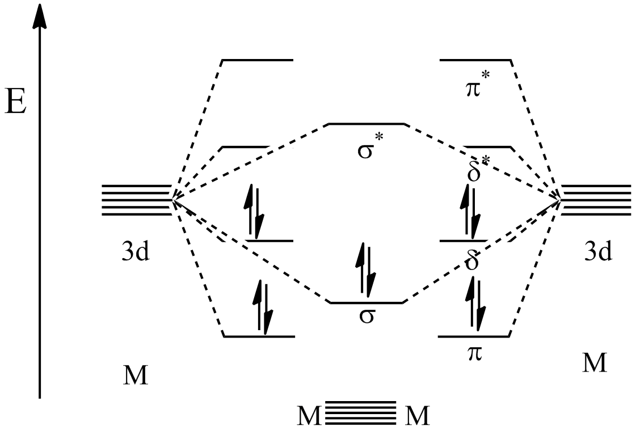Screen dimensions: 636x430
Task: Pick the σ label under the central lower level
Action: (367, 316)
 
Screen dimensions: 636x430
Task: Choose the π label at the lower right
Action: (474, 353)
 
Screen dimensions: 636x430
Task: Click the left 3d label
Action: (136, 253)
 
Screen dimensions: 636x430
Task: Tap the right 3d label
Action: (599, 253)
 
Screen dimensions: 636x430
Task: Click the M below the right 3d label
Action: (595, 363)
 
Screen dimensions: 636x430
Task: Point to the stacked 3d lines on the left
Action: (137, 200)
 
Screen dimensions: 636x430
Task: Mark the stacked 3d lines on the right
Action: (596, 200)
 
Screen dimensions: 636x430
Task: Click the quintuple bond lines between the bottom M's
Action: (361, 412)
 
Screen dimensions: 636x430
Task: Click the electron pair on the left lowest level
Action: (263, 307)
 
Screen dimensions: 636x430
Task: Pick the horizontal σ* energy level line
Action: (367, 123)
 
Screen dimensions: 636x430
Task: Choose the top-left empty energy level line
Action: (258, 60)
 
